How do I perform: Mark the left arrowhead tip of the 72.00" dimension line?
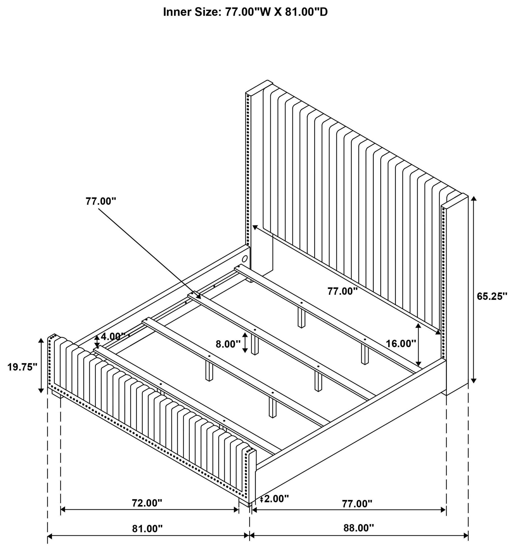tap(61, 509)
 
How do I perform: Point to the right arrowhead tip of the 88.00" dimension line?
tap(468, 535)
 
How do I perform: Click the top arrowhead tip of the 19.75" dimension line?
tap(41, 338)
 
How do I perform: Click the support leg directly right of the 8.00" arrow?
tap(255, 345)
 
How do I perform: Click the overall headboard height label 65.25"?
tap(492, 296)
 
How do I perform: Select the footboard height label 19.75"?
tap(22, 367)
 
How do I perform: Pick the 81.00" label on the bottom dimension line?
tap(147, 529)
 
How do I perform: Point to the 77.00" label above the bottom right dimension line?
tap(357, 503)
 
